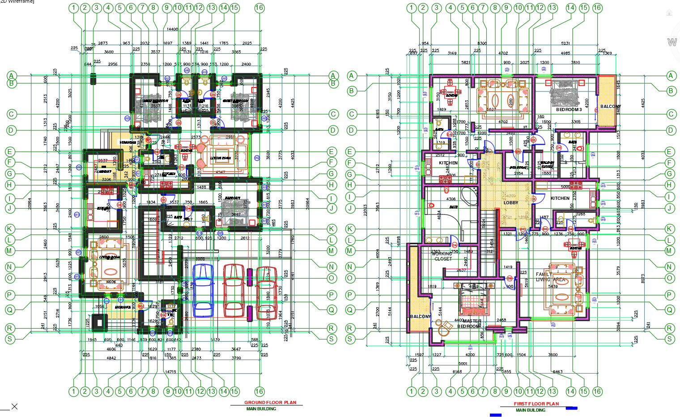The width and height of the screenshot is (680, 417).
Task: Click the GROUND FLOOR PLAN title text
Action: click(x=270, y=402)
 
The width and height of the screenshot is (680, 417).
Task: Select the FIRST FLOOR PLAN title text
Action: click(x=536, y=404)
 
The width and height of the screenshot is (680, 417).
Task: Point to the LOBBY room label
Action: click(x=510, y=203)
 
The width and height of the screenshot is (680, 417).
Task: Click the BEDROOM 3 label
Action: click(x=569, y=109)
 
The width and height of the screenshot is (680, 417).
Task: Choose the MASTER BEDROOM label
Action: click(x=470, y=323)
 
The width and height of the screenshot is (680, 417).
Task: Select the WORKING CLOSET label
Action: click(x=442, y=256)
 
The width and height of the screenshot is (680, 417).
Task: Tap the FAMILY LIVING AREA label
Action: click(x=550, y=277)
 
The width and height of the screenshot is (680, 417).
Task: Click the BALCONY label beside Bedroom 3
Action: click(x=609, y=107)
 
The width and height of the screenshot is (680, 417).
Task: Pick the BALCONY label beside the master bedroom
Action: click(x=420, y=316)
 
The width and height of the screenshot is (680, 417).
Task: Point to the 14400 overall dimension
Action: click(x=172, y=29)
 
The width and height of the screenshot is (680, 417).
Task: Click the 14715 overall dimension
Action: click(x=170, y=372)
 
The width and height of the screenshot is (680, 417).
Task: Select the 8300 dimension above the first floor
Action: click(x=482, y=43)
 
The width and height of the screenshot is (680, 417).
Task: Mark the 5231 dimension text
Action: click(x=565, y=43)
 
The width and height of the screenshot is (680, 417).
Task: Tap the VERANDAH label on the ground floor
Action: click(x=127, y=142)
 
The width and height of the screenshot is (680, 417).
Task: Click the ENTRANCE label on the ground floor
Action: click(x=123, y=307)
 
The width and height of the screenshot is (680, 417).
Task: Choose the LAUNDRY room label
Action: click(x=104, y=171)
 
